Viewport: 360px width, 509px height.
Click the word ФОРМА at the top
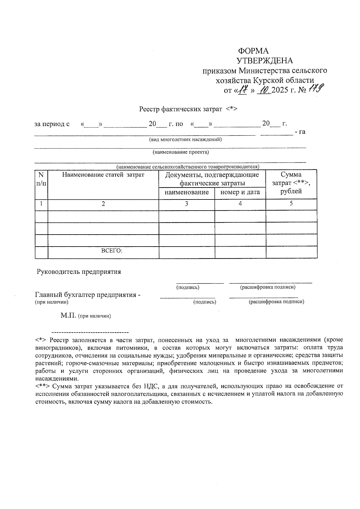tap(253, 51)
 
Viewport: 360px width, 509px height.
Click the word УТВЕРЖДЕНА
tap(265, 61)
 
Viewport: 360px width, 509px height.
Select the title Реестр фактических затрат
tap(180, 109)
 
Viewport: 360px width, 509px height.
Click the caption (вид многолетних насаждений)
tap(185, 139)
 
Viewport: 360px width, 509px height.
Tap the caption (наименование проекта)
tap(181, 152)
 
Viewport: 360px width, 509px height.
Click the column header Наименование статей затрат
tap(103, 175)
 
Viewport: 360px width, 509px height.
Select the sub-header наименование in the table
tap(187, 192)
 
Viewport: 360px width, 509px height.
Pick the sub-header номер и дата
tap(240, 192)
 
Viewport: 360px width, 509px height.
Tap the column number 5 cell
tap(291, 203)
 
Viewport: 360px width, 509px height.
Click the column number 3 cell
tap(186, 204)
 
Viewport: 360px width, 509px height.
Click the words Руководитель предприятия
tap(79, 272)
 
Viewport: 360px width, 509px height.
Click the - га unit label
tap(300, 131)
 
